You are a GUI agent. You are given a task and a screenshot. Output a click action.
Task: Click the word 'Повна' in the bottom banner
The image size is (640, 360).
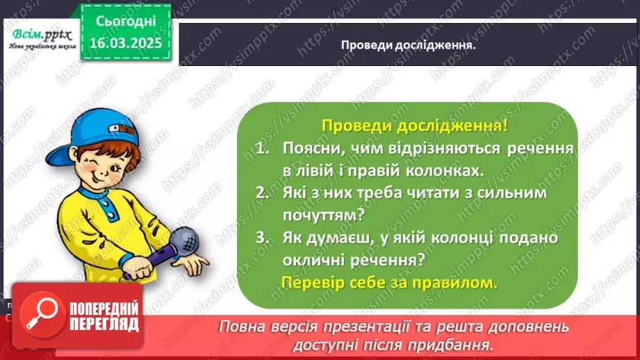point(241,326)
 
